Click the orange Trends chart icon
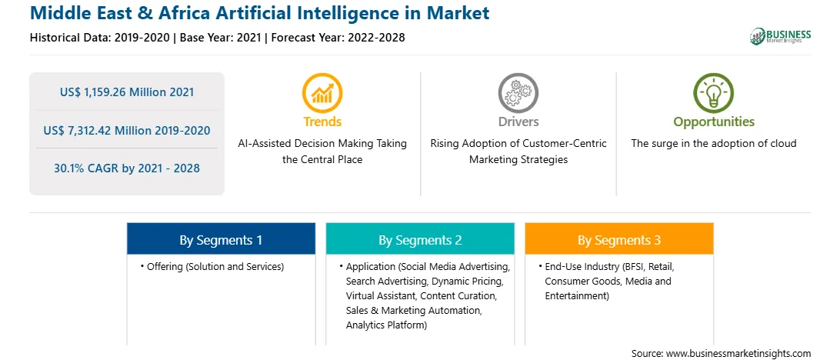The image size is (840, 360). click(x=322, y=93)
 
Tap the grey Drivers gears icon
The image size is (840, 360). click(x=518, y=93)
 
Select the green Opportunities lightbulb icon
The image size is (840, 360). click(x=714, y=93)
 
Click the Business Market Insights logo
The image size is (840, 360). click(x=781, y=36)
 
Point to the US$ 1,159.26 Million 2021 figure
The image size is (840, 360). click(x=127, y=92)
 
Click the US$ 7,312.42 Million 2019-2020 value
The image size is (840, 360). click(x=127, y=130)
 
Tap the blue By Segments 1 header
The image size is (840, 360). click(x=221, y=239)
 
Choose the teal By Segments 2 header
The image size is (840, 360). click(x=420, y=239)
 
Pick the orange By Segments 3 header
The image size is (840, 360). click(x=619, y=239)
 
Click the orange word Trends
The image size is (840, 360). click(x=322, y=122)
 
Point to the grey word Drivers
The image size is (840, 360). click(x=518, y=122)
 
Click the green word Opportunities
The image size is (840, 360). click(x=714, y=122)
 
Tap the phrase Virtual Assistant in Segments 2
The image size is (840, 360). click(x=381, y=295)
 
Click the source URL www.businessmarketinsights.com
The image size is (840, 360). click(x=738, y=353)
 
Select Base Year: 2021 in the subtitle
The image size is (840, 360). click(x=220, y=38)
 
